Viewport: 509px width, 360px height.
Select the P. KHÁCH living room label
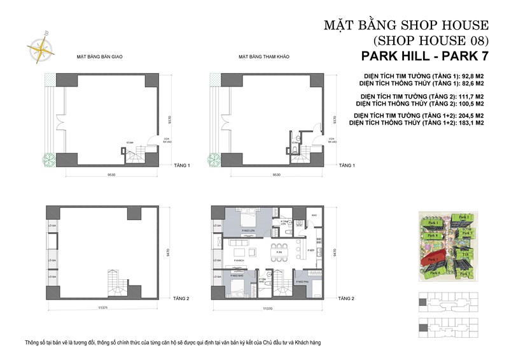pos(240,261)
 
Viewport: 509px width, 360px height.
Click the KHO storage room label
pos(314,215)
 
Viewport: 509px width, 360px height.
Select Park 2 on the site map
pos(464,218)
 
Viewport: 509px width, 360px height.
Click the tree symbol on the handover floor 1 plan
pos(47,158)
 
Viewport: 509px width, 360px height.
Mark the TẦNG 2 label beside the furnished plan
pos(346,297)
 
